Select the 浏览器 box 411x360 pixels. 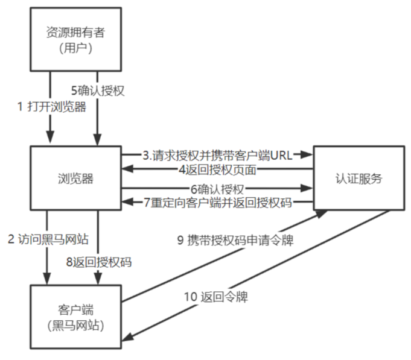tap(75, 178)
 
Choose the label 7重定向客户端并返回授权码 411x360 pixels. tap(218, 202)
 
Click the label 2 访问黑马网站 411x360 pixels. tap(48, 239)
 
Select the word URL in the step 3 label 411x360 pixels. tap(281, 155)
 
